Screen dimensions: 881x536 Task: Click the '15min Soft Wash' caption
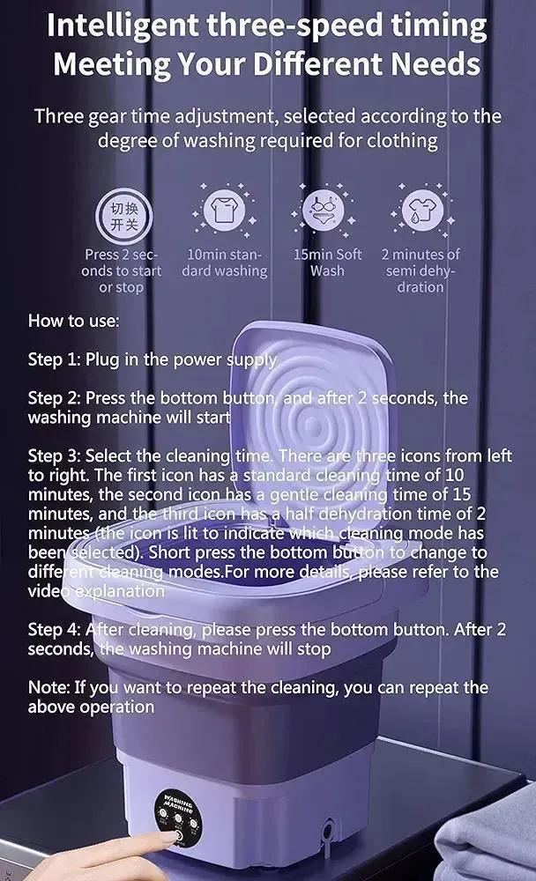pyautogui.click(x=327, y=263)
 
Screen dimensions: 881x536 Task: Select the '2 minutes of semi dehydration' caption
pyautogui.click(x=421, y=270)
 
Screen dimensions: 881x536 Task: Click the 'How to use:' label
pyautogui.click(x=73, y=321)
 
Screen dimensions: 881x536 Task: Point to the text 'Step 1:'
pyautogui.click(x=55, y=359)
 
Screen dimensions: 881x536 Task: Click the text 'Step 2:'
pyautogui.click(x=55, y=398)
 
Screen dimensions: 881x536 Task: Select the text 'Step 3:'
pyautogui.click(x=55, y=456)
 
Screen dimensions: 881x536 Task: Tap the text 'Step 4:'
pyautogui.click(x=55, y=630)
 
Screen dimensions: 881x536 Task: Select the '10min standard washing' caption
pyautogui.click(x=224, y=263)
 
